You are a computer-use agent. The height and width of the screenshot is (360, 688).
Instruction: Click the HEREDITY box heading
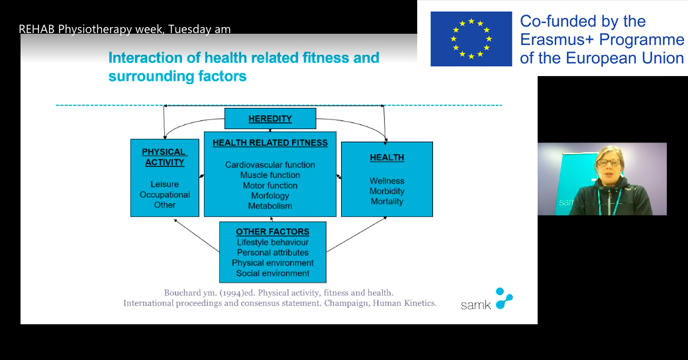click(x=270, y=119)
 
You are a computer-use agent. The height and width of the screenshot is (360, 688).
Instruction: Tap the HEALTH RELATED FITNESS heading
click(x=270, y=143)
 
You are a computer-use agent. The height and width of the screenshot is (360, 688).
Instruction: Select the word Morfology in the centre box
click(x=270, y=196)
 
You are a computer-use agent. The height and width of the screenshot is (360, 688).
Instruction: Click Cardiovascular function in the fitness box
click(x=270, y=165)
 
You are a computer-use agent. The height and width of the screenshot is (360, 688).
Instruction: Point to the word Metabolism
click(x=270, y=206)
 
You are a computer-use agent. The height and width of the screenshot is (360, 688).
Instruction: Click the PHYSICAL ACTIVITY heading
click(x=164, y=157)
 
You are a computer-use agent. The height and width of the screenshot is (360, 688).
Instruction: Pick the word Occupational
click(x=164, y=195)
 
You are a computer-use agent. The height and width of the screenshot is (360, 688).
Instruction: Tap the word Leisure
click(x=164, y=184)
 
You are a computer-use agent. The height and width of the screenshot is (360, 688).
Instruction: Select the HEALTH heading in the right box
click(x=387, y=157)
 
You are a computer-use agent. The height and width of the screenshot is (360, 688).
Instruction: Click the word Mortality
click(x=387, y=202)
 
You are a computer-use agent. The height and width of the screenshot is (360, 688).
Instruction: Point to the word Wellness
click(x=387, y=181)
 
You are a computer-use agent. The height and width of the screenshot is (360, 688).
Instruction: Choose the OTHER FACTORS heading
click(x=272, y=232)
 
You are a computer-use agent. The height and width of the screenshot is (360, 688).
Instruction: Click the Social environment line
click(x=272, y=273)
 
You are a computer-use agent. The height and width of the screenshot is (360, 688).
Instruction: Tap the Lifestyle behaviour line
click(x=272, y=242)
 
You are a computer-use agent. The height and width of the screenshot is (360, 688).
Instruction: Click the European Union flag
click(x=471, y=39)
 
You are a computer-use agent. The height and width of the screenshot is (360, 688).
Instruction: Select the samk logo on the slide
click(x=487, y=300)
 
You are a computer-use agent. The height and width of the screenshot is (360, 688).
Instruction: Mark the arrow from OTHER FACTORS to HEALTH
click(x=356, y=234)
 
